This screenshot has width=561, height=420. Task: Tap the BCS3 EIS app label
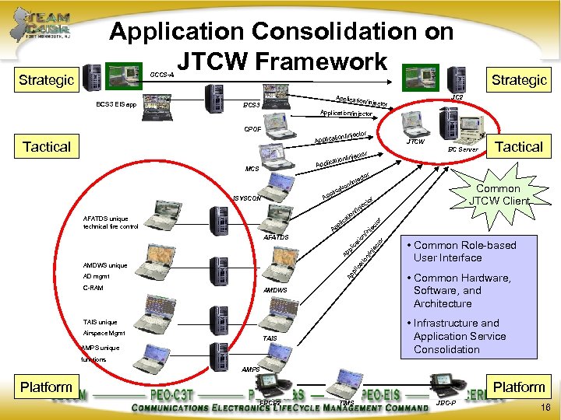click(116, 103)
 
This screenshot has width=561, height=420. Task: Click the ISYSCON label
click(247, 198)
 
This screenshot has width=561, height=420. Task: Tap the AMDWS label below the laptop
click(275, 289)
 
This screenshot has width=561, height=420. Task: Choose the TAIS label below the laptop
click(270, 338)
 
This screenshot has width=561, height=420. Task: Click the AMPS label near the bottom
click(251, 368)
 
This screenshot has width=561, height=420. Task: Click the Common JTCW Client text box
click(498, 194)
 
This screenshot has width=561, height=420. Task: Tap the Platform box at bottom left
click(46, 387)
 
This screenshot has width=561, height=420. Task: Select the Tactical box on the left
click(47, 146)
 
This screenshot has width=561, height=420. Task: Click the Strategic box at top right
click(519, 79)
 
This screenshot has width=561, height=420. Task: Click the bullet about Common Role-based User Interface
click(464, 251)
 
